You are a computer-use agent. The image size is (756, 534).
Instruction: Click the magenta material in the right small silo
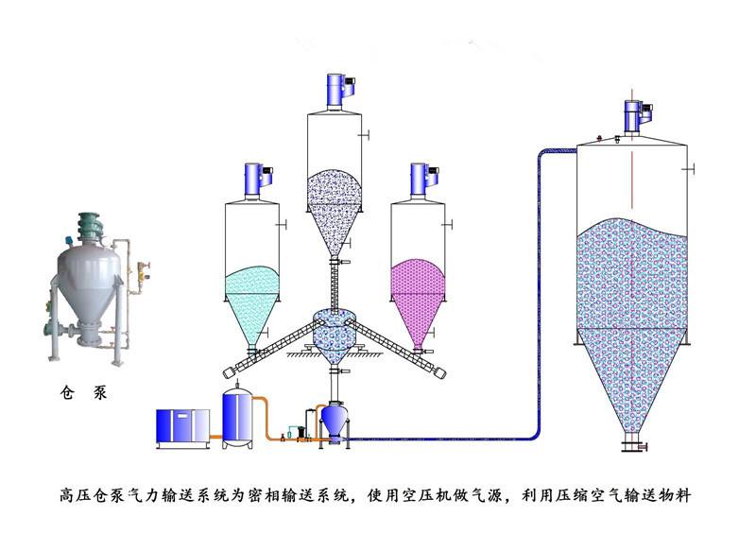pos(419,288)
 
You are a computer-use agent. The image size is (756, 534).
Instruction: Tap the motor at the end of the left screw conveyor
pos(228,370)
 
